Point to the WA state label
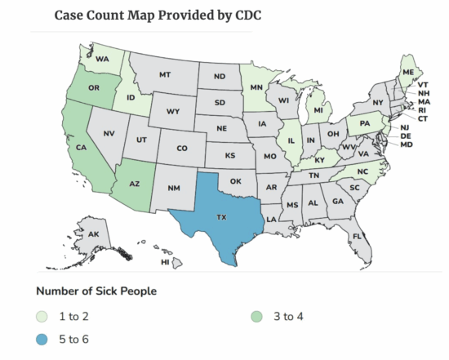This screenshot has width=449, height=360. click(102, 60)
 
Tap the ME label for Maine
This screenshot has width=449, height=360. click(407, 71)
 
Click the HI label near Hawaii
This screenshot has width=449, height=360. click(165, 262)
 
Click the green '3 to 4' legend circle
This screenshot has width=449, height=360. click(258, 315)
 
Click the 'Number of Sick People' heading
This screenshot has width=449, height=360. click(96, 291)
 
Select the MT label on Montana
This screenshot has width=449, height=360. click(164, 74)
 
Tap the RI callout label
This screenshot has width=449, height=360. click(424, 110)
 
